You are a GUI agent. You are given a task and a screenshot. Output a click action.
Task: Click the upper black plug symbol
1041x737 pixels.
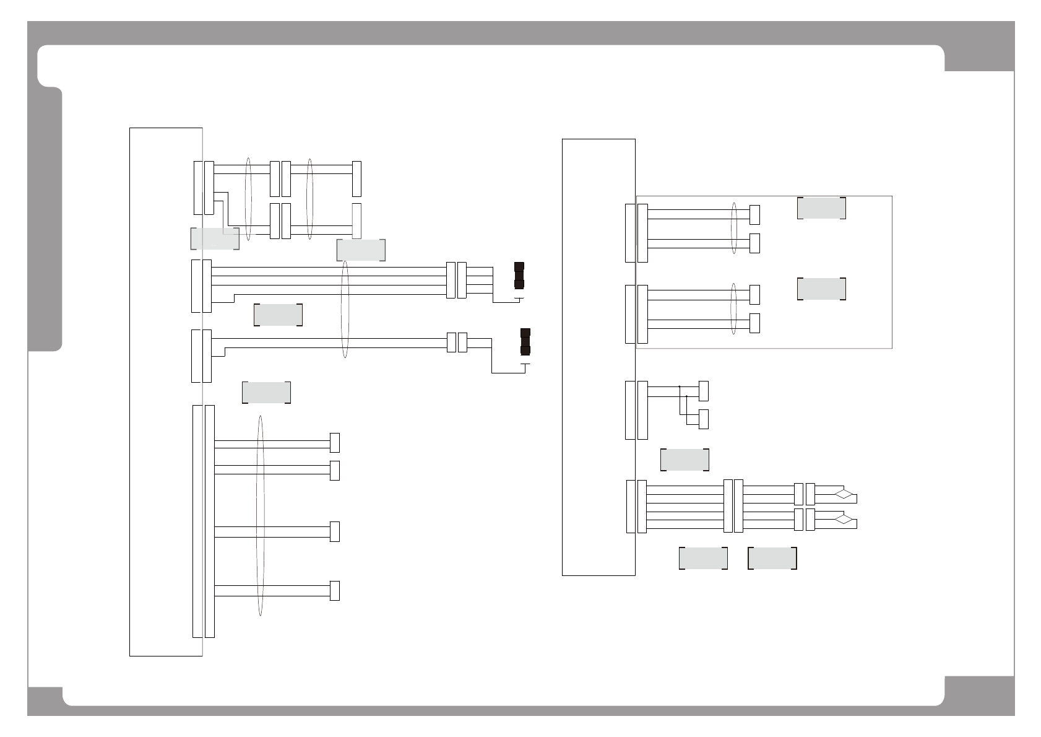[x=519, y=276]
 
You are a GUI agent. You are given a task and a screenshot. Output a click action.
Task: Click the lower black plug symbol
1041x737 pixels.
[x=525, y=342]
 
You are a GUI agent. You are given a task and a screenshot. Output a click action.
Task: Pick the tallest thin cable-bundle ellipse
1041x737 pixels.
[x=260, y=516]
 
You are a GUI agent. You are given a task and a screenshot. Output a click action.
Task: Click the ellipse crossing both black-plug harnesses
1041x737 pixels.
[x=345, y=310]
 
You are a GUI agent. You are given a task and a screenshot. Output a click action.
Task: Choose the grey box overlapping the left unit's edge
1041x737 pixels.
[x=215, y=238]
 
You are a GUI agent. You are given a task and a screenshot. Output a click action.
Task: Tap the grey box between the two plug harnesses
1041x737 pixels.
[x=278, y=315]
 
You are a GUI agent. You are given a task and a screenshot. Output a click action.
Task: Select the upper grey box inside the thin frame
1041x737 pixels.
[x=821, y=208]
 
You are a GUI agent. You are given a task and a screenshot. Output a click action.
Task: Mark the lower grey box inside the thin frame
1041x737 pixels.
[x=821, y=289]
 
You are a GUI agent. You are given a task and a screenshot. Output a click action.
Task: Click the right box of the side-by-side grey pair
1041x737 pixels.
[x=772, y=558]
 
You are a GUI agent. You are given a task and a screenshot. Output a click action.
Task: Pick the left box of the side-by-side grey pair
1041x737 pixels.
[x=703, y=558]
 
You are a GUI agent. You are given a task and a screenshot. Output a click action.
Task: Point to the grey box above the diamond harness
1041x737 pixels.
[x=685, y=460]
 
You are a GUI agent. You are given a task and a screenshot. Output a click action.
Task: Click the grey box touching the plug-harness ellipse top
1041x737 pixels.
[x=361, y=250]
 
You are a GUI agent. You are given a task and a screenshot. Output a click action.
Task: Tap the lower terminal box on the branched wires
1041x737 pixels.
[x=703, y=419]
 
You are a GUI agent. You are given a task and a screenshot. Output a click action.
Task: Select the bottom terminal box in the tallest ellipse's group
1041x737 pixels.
[x=335, y=591]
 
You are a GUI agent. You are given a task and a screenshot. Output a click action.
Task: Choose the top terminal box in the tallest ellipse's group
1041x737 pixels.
[x=335, y=443]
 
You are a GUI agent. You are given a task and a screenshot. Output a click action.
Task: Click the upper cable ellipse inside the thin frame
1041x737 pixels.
[x=734, y=229]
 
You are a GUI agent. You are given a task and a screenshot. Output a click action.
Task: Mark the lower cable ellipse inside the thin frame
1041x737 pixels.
[x=734, y=308]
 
